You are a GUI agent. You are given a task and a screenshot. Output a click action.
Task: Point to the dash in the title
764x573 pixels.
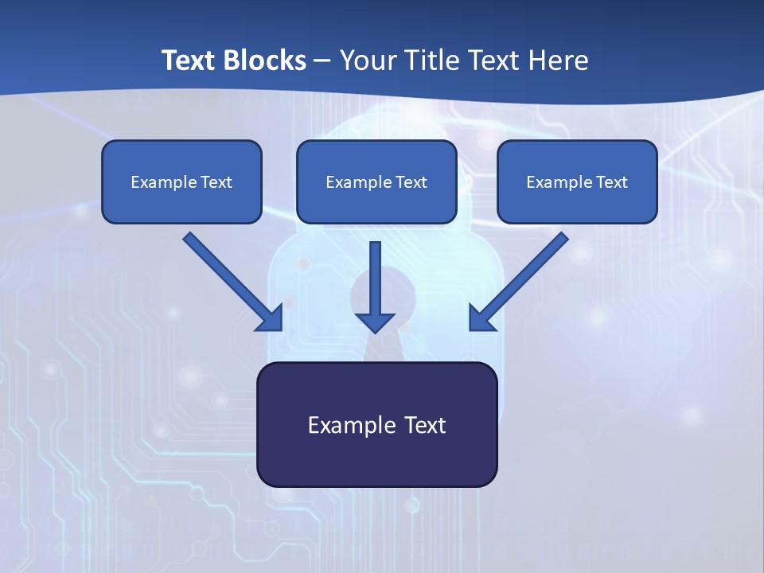(x=322, y=61)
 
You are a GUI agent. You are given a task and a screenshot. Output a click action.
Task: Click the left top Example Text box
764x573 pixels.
(x=181, y=181)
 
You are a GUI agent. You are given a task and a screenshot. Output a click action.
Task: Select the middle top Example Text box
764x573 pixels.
(x=376, y=181)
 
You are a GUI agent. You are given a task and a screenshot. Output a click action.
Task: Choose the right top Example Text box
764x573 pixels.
(x=577, y=181)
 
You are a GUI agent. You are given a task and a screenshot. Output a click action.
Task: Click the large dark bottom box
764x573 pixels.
(x=376, y=424)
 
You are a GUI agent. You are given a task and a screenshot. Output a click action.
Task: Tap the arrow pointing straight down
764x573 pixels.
(x=375, y=283)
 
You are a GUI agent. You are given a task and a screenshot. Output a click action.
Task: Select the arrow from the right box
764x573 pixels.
(x=522, y=279)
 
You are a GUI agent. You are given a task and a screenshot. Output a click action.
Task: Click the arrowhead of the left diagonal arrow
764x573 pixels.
(x=271, y=319)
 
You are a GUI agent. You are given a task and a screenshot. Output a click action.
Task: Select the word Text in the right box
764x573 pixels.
(x=611, y=182)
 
